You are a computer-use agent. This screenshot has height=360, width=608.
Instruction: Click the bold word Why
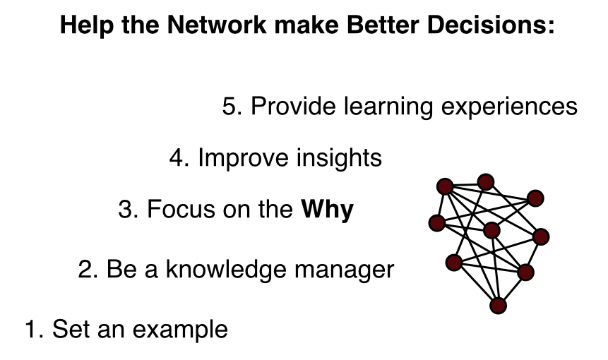[327, 210]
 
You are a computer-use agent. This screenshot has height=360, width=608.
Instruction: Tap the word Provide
[293, 107]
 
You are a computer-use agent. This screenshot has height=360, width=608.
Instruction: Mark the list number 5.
[230, 107]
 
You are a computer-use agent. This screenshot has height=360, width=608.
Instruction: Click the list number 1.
[32, 329]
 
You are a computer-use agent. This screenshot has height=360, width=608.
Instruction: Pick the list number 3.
[126, 210]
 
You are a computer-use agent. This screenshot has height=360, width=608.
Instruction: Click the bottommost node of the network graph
[499, 306]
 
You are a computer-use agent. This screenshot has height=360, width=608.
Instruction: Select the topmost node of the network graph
[485, 182]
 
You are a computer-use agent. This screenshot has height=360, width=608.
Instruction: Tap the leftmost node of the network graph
[437, 224]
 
